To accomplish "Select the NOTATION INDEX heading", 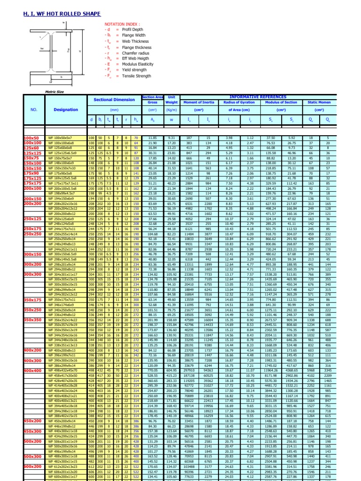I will pos(123,23).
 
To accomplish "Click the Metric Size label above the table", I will pos(53,92).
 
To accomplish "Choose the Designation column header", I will pos(66,109).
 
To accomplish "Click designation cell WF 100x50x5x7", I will pos(61,138).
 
